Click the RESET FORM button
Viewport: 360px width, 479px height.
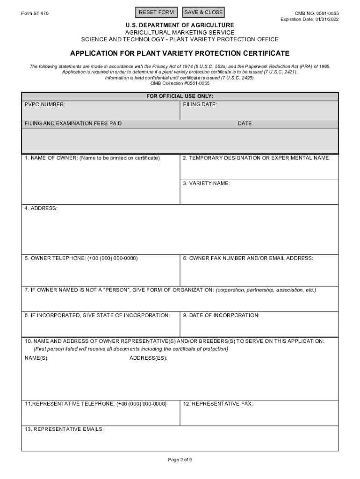(x=156, y=12)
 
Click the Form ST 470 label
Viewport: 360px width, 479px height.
(x=35, y=13)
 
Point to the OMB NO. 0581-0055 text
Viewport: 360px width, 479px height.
(x=317, y=14)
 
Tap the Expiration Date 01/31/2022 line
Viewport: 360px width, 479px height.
(x=310, y=19)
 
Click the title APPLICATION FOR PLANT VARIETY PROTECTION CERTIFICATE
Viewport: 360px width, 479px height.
(x=180, y=54)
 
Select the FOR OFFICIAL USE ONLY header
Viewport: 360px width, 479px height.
(x=180, y=96)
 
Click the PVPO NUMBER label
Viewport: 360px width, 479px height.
(x=45, y=105)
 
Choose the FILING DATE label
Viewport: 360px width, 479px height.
(x=200, y=105)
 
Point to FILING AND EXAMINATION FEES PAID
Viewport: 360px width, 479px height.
(x=73, y=123)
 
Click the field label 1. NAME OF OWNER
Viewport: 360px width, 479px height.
(x=92, y=158)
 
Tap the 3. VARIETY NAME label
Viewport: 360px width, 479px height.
(x=206, y=183)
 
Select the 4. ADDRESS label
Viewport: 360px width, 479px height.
(x=41, y=208)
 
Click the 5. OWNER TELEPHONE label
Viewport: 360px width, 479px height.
(x=81, y=258)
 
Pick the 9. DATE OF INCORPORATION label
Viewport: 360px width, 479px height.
(x=221, y=315)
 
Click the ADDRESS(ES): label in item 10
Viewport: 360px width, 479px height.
(x=148, y=358)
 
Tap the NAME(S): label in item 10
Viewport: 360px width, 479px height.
(x=36, y=358)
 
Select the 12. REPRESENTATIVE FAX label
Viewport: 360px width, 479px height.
(x=218, y=404)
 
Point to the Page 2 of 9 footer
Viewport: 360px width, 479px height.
(x=180, y=460)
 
